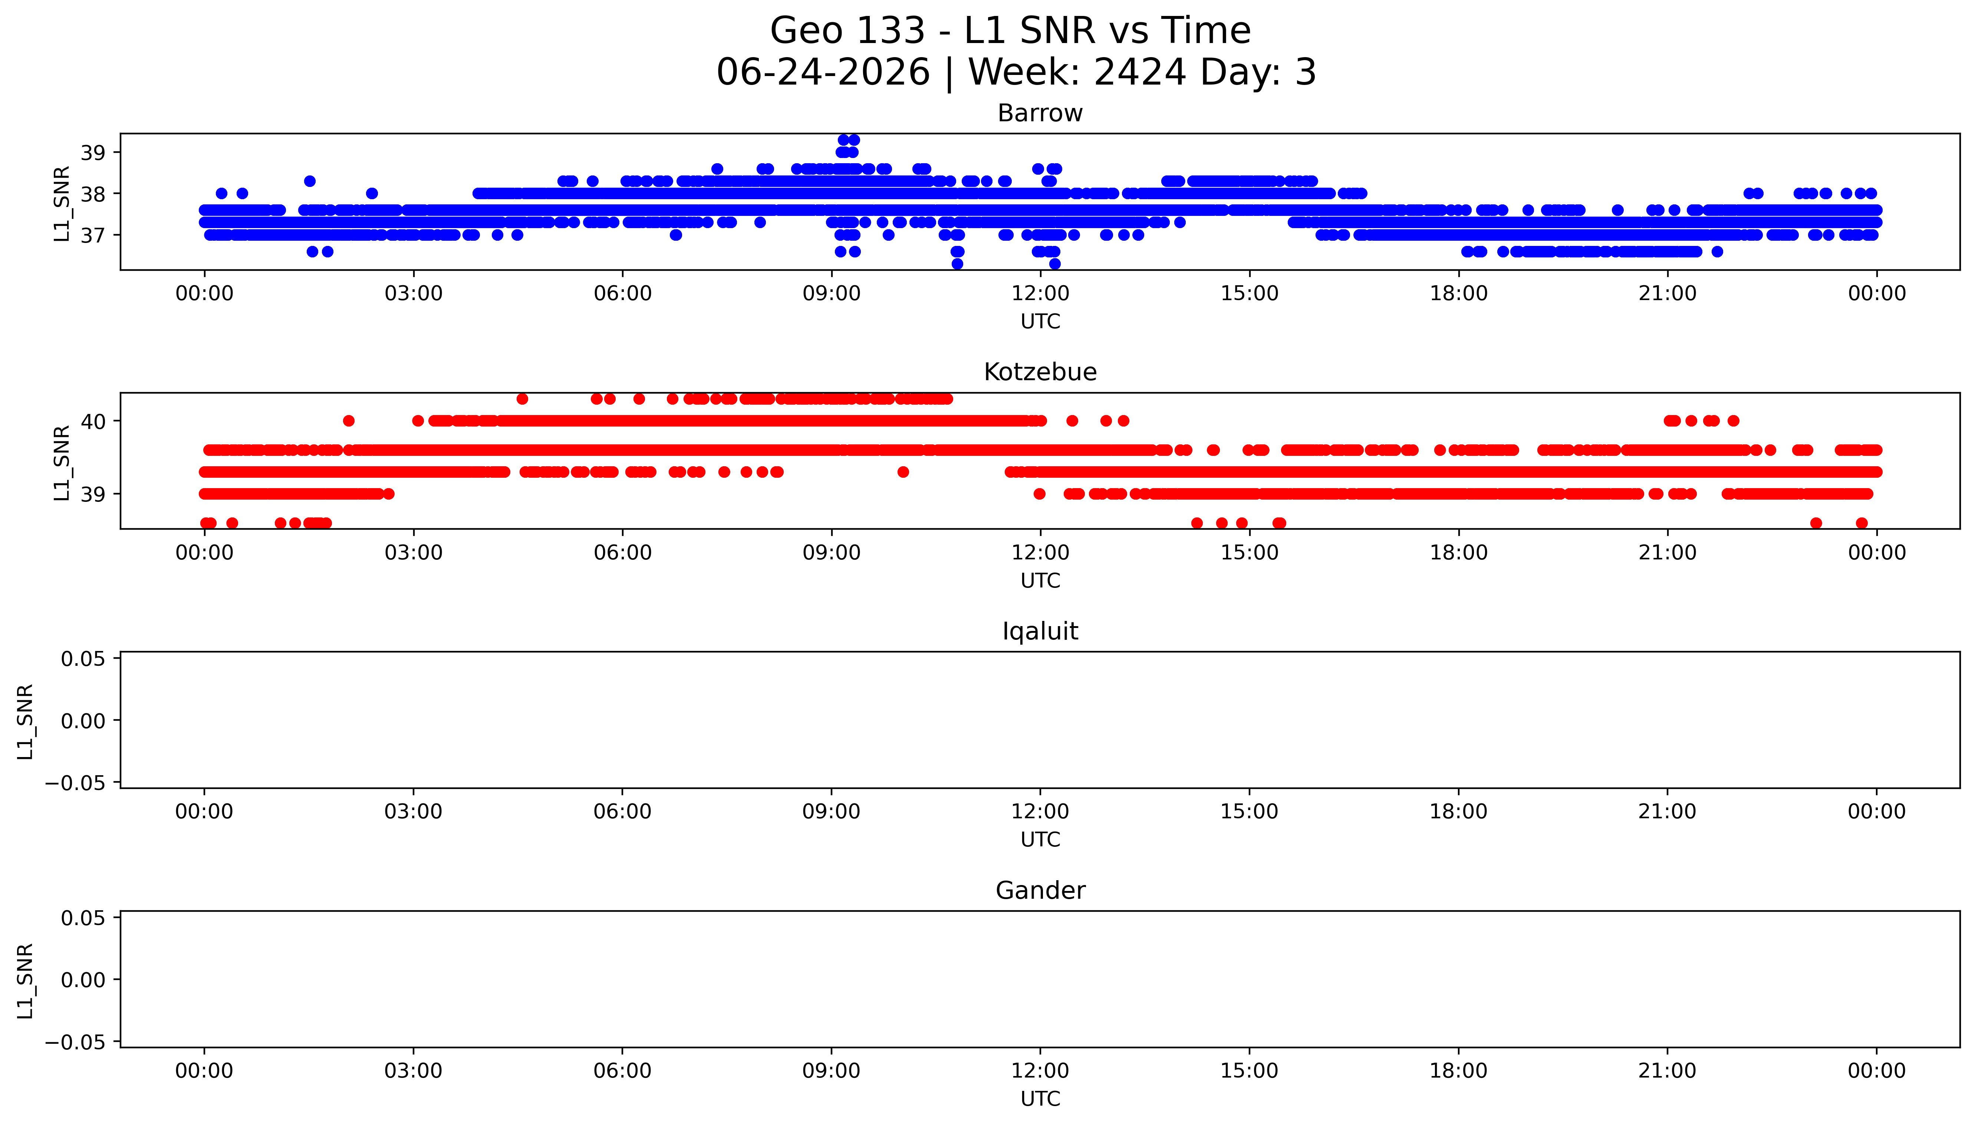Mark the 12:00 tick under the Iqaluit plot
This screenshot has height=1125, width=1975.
(x=1040, y=811)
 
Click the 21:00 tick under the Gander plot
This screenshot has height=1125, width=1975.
(x=1668, y=1071)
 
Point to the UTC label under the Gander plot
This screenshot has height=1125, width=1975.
(x=1040, y=1099)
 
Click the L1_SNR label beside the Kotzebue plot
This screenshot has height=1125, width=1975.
(x=62, y=462)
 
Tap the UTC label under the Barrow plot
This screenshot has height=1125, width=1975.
(x=1040, y=322)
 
